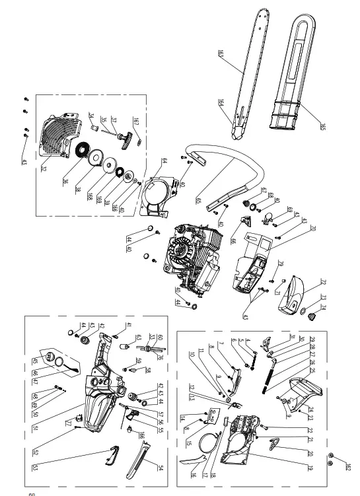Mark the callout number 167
(135, 120)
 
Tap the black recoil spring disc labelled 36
(85, 152)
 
